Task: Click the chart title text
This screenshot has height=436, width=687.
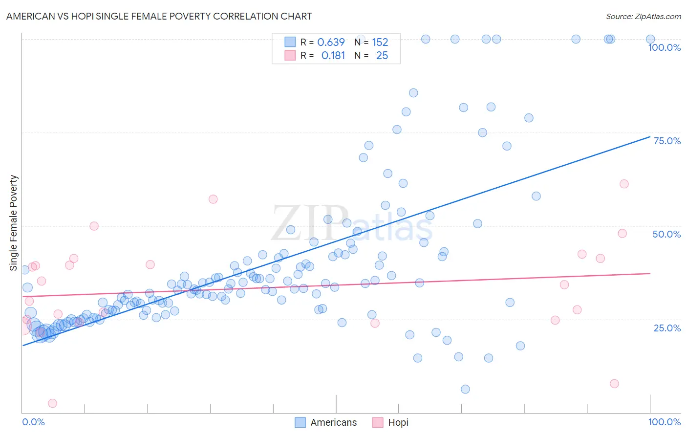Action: point(159,16)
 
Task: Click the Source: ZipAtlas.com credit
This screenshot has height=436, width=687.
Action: point(643,16)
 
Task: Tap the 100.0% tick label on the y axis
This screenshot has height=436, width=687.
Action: point(664,47)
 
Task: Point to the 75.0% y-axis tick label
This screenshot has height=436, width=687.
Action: point(667,141)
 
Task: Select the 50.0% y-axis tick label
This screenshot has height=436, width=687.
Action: point(666,234)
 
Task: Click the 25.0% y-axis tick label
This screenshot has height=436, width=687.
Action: point(667,327)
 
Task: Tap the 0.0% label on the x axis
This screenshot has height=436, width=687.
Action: point(33,422)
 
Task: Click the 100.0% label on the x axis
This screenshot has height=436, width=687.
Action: point(664,422)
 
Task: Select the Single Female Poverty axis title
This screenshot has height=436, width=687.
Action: point(14,223)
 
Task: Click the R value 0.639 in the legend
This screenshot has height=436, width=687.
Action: point(331,43)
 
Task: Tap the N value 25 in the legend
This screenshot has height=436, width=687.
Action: point(382,56)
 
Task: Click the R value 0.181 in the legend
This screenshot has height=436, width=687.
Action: point(333,56)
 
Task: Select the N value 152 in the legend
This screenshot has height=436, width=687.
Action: point(380,43)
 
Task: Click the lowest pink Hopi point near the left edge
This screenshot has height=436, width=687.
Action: point(52,403)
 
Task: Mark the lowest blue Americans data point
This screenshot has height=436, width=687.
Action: point(465,389)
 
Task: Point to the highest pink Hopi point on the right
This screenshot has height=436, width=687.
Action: point(624,184)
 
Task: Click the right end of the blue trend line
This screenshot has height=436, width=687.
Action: point(650,136)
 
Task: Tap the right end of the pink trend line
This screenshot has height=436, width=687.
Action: point(650,273)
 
